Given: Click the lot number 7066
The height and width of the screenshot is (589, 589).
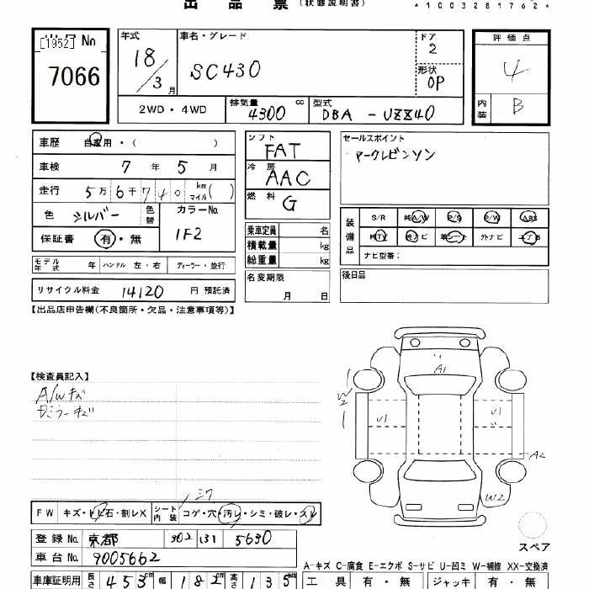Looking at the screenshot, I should coord(73,77).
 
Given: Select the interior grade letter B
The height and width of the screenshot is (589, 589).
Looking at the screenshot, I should coord(516,107).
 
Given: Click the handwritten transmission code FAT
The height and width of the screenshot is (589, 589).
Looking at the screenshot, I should coord(282,151).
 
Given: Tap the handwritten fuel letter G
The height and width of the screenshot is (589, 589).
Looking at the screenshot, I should coord(289,203).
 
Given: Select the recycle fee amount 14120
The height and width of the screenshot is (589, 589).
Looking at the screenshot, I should coord(144,291).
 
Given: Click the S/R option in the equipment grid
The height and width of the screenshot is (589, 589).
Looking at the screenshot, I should coord(378,218).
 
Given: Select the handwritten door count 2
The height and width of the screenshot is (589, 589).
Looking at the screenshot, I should coord(432,49).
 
